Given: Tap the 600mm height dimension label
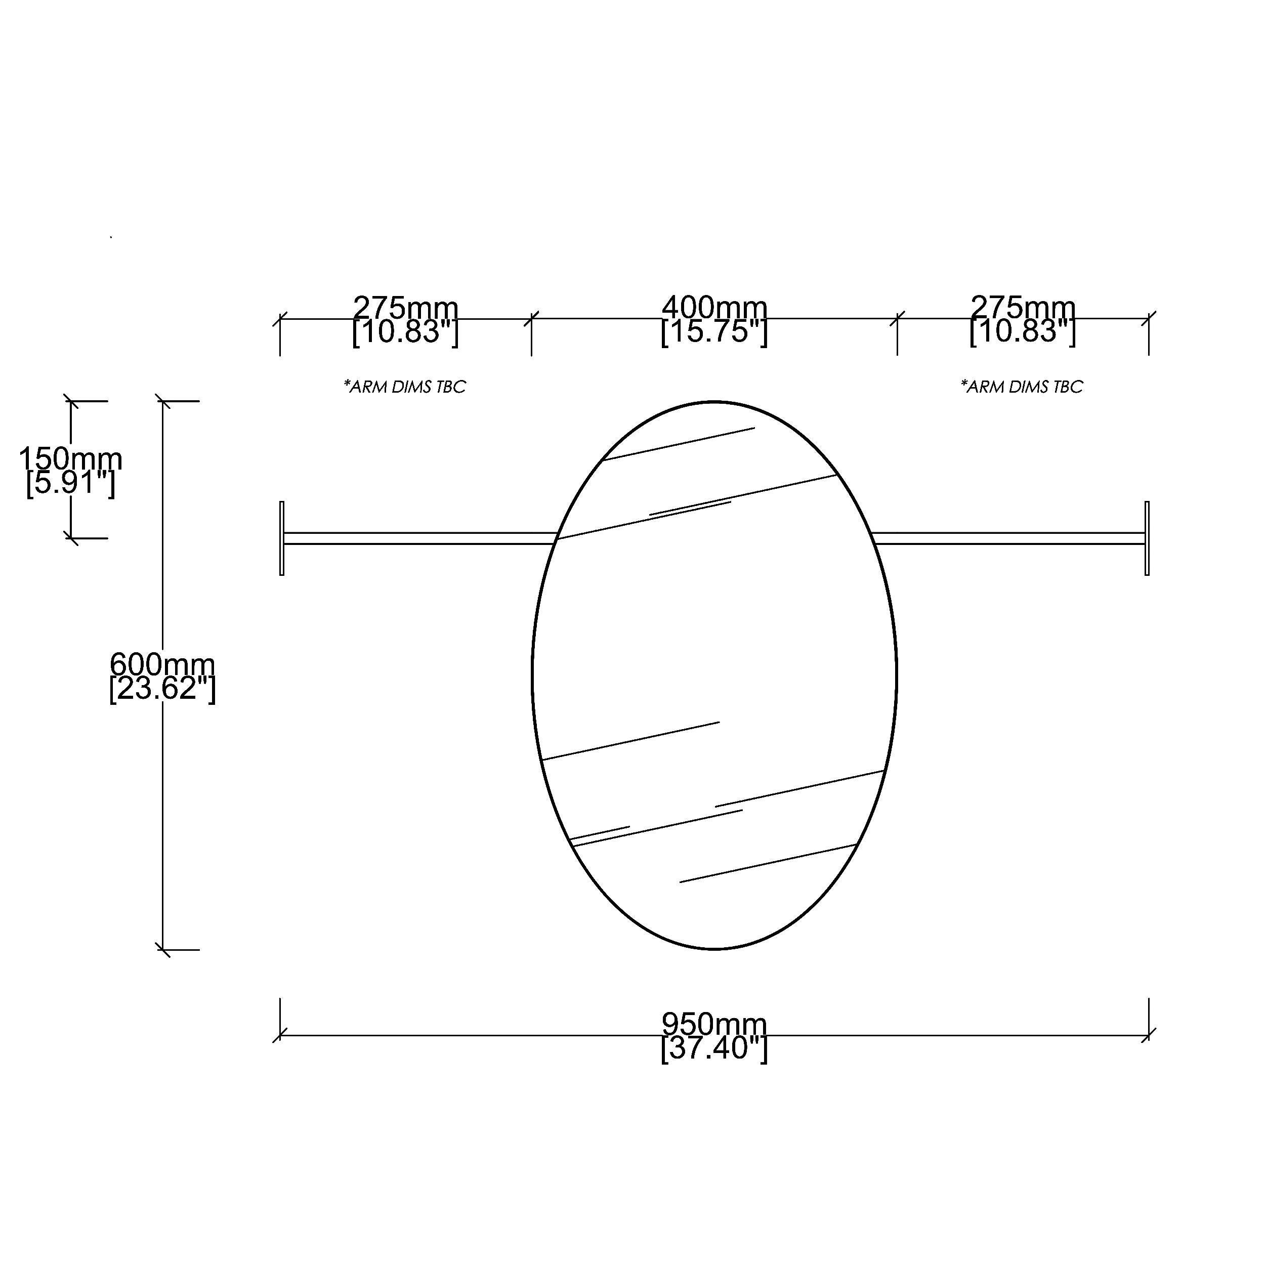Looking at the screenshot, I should pyautogui.click(x=162, y=664).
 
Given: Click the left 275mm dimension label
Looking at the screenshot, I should pyautogui.click(x=405, y=307).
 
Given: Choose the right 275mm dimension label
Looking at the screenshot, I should pyautogui.click(x=1023, y=307).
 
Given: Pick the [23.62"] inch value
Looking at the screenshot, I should pyautogui.click(x=162, y=689).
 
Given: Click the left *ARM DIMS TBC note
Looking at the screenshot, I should pyautogui.click(x=405, y=387).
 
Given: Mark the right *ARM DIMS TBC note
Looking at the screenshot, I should pyautogui.click(x=1022, y=387).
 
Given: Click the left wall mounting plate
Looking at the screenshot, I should pyautogui.click(x=281, y=538).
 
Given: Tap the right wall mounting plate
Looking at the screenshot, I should pyautogui.click(x=1147, y=538).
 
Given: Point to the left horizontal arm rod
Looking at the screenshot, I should pyautogui.click(x=419, y=538).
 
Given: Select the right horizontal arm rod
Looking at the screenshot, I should pyautogui.click(x=1008, y=538).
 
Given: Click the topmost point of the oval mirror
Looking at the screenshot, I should pyautogui.click(x=714, y=401).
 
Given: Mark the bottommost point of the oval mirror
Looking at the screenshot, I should pyautogui.click(x=714, y=949).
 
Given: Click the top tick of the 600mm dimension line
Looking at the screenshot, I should pyautogui.click(x=163, y=401).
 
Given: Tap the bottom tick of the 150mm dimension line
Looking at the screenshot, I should pyautogui.click(x=71, y=538).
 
